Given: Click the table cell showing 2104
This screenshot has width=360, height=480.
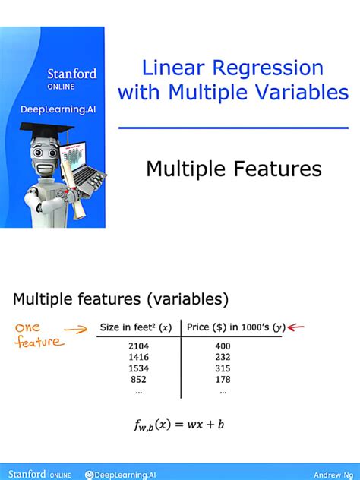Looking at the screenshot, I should [137, 347].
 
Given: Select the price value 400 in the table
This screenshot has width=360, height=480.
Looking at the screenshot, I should [223, 347].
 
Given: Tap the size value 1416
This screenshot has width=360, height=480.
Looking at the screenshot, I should [137, 358].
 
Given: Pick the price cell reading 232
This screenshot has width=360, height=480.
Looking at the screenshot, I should [223, 358].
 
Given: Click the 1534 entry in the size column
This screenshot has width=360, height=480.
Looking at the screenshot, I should [137, 369].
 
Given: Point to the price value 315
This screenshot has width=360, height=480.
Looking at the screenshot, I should [223, 369].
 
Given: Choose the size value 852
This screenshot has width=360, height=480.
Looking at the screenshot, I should [137, 380].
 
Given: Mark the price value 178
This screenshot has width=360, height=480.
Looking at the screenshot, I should [223, 380].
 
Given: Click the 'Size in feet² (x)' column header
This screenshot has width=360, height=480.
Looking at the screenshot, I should [136, 327].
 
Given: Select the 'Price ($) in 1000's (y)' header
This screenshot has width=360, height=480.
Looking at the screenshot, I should [235, 327].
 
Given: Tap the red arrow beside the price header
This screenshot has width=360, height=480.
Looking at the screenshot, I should [295, 327].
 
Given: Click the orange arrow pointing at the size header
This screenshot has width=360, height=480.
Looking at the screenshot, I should [76, 330].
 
